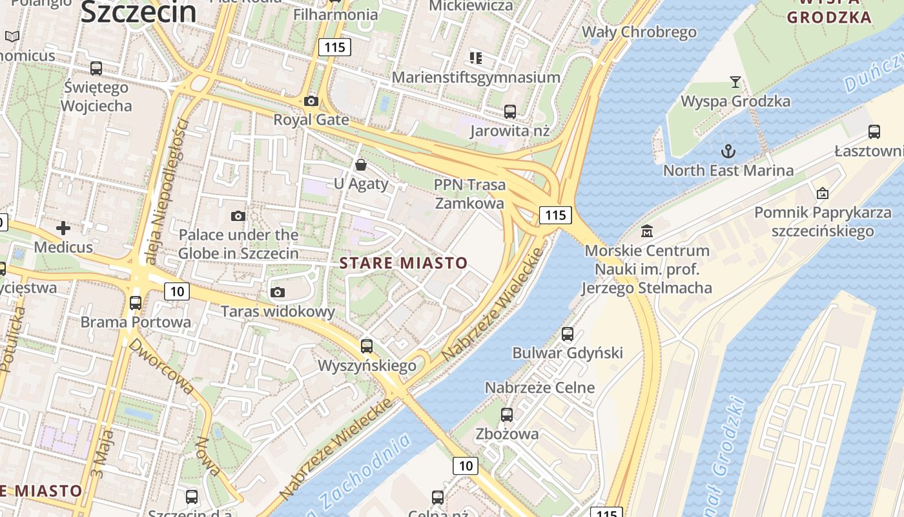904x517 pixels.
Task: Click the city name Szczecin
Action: pos(138,12)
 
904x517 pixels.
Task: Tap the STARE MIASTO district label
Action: pos(403,263)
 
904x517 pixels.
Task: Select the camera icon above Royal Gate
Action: pos(311,101)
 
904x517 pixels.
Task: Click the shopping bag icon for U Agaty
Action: pos(361,165)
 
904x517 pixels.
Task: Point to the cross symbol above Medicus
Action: pos(63,227)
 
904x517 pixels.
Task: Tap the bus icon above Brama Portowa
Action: pos(136,302)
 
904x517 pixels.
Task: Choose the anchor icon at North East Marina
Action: pos(728,151)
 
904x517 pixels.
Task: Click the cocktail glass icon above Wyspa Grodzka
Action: pos(735,81)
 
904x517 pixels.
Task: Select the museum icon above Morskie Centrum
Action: pos(647,231)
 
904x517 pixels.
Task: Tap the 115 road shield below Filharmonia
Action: pos(334,47)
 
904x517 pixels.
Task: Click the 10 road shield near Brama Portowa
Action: pos(177,291)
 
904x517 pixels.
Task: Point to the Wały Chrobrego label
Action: pos(639,32)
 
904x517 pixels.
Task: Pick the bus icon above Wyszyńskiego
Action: pos(367,346)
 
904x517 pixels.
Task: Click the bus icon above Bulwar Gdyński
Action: pos(568,333)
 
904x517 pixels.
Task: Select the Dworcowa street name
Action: pos(161,366)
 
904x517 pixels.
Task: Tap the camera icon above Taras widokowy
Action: pos(278,292)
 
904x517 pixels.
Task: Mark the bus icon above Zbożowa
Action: pos(507,414)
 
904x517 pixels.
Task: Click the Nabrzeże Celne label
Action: pos(540,388)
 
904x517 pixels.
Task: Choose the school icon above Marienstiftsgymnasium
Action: pos(476,58)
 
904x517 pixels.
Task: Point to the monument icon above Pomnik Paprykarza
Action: pos(823,193)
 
